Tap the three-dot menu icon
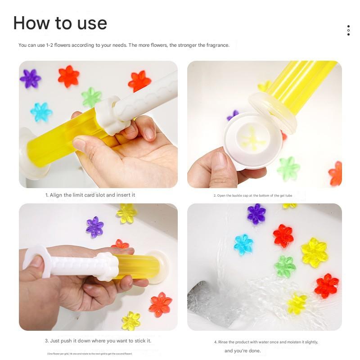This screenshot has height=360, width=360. click(x=348, y=30)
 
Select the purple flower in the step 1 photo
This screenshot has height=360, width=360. click(x=30, y=79)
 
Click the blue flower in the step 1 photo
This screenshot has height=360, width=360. click(x=41, y=112)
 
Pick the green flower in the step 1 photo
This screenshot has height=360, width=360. click(x=91, y=97)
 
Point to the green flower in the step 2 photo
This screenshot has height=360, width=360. click(x=288, y=168)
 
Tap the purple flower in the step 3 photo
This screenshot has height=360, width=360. click(x=95, y=226)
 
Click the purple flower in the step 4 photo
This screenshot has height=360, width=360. click(x=256, y=214)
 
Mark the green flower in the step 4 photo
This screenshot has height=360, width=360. click(x=285, y=266)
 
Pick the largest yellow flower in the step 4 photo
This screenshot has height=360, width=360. click(x=314, y=252)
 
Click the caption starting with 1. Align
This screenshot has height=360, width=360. click(x=90, y=195)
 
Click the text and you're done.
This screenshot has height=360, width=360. click(x=243, y=351)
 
